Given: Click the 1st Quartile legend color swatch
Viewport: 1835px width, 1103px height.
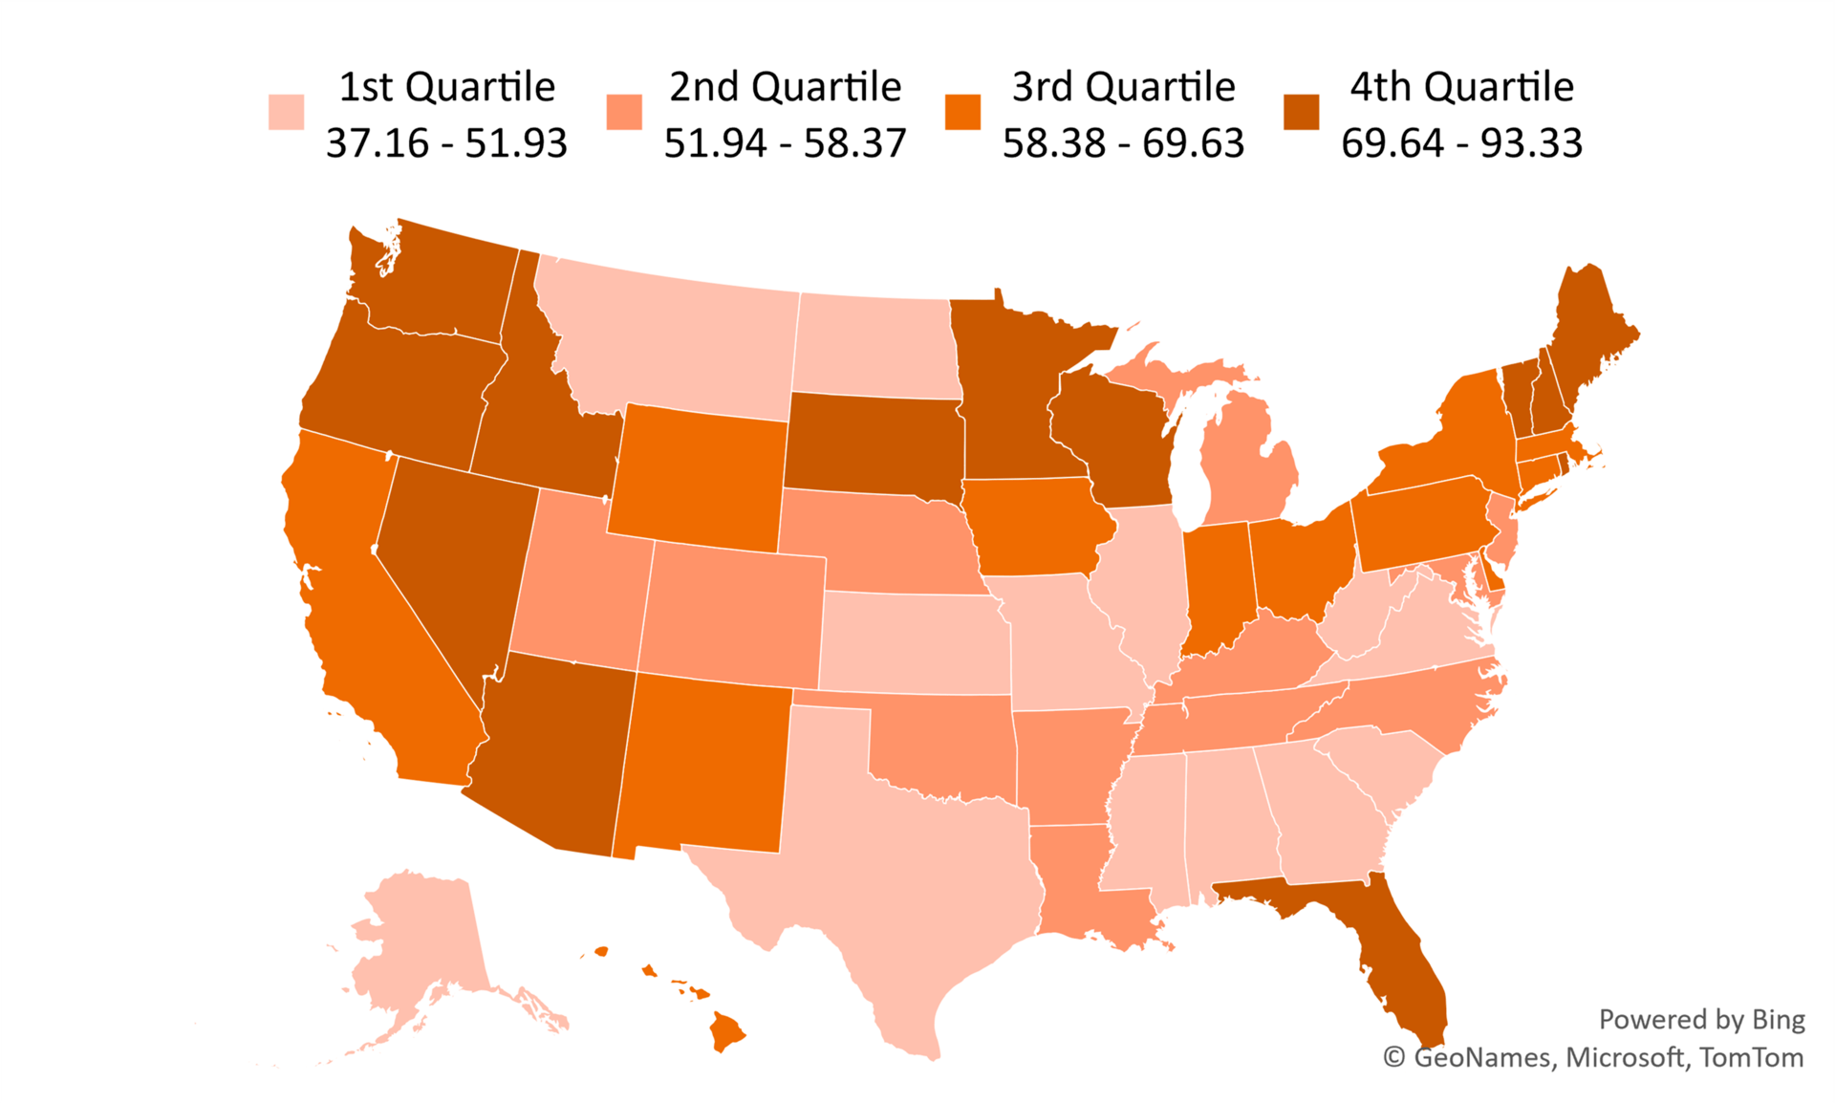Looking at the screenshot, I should pyautogui.click(x=286, y=112).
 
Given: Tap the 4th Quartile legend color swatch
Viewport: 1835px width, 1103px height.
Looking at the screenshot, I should pyautogui.click(x=1301, y=112).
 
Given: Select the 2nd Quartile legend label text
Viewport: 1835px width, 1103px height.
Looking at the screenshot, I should pyautogui.click(x=785, y=87).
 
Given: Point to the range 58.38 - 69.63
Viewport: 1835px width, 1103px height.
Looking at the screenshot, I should pyautogui.click(x=1123, y=143).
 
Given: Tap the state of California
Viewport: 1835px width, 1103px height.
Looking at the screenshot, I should pyautogui.click(x=373, y=621).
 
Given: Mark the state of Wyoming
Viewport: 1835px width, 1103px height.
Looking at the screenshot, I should pyautogui.click(x=698, y=478).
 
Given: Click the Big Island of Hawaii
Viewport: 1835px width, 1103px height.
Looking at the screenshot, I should pyautogui.click(x=726, y=1032).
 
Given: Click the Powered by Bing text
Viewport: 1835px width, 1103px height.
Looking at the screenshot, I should pyautogui.click(x=1701, y=1020).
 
